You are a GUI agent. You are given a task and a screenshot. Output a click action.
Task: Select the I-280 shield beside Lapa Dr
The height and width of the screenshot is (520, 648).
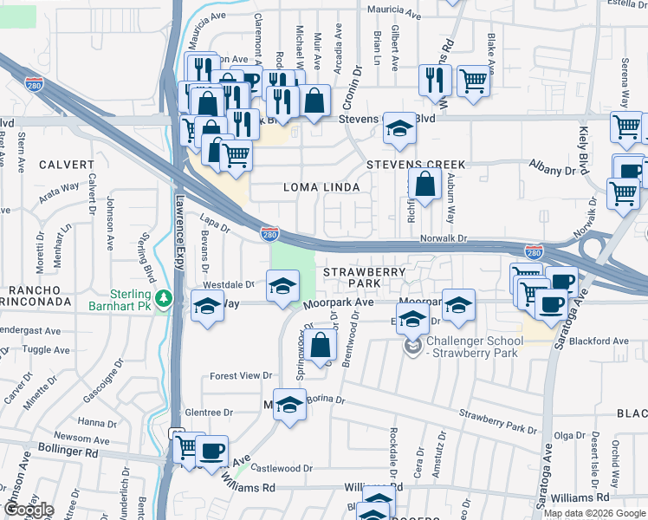pos(269,233)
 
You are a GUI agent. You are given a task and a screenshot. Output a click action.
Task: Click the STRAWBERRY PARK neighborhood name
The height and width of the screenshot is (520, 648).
pos(364,277)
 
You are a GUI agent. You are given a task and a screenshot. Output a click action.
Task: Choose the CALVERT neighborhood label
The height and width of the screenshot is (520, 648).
pos(66,165)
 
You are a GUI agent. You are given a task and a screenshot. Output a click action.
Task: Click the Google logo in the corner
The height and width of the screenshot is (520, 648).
pos(28,510)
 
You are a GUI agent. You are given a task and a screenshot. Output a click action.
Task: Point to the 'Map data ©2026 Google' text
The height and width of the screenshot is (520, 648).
pos(594,513)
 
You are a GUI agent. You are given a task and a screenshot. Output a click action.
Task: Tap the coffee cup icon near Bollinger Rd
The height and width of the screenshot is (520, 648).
pos(211,451)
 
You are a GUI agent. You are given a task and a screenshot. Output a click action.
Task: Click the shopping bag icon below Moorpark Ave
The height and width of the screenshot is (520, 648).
pos(321,344)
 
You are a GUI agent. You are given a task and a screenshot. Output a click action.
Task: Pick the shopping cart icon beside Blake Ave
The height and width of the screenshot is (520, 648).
pos(472,81)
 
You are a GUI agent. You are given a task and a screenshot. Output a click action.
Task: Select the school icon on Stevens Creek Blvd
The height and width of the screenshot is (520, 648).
pos(399,127)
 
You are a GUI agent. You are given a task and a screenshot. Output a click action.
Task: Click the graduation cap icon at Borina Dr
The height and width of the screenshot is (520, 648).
pos(290,404)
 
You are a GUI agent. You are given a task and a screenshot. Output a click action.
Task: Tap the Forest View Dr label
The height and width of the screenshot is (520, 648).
pos(242,376)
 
